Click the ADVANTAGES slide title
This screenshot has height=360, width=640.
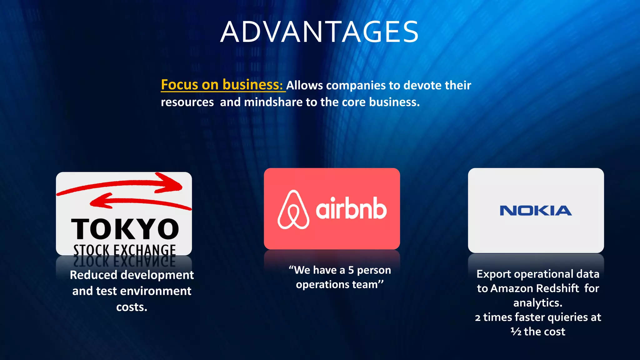[319, 32]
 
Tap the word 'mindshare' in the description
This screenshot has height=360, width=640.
[274, 102]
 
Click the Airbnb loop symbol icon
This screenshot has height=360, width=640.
[293, 210]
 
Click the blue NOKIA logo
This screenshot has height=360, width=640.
[536, 211]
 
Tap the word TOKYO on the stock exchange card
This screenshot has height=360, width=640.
[125, 229]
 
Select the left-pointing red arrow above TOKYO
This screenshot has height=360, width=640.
[137, 202]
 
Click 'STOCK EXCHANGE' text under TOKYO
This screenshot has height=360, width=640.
[124, 250]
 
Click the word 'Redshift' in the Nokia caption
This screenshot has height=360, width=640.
[557, 288]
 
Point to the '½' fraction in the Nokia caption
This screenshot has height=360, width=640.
[516, 332]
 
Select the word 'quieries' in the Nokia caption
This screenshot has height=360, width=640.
[567, 317]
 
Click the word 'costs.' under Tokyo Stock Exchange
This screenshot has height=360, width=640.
[132, 307]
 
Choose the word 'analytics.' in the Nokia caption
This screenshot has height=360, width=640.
[538, 303]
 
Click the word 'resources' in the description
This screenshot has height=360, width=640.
[187, 102]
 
